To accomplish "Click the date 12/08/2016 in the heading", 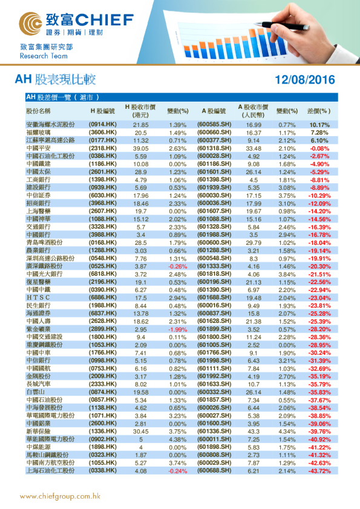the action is click(x=304, y=80).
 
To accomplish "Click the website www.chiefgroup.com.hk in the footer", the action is click(x=59, y=496).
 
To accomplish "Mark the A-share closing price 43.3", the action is click(x=254, y=431).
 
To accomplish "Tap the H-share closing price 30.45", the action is click(x=140, y=431).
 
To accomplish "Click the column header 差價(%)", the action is click(x=319, y=112).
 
